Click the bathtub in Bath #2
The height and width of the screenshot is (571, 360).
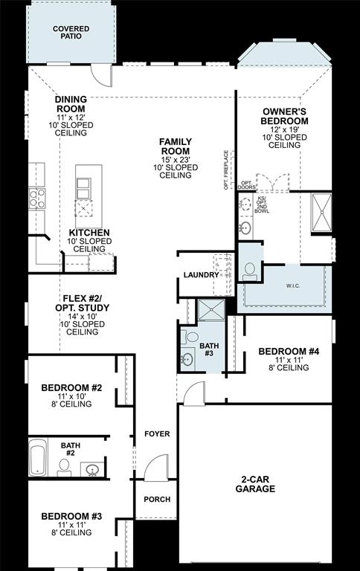(x=37, y=458)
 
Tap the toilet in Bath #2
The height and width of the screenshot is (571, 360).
(x=65, y=467)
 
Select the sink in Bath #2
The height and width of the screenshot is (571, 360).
(x=92, y=470)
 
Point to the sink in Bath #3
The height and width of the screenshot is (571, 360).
(x=187, y=359)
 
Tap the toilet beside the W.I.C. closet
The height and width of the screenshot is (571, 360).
(x=248, y=271)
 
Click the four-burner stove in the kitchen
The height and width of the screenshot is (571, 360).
(x=36, y=198)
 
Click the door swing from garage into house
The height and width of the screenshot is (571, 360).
(x=193, y=393)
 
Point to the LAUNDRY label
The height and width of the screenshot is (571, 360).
(x=201, y=274)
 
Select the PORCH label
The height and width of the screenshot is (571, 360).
(x=156, y=499)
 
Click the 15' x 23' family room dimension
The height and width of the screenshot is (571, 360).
(x=176, y=159)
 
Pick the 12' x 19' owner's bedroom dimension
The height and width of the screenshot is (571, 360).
(x=285, y=129)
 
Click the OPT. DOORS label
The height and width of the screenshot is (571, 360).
(x=246, y=185)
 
